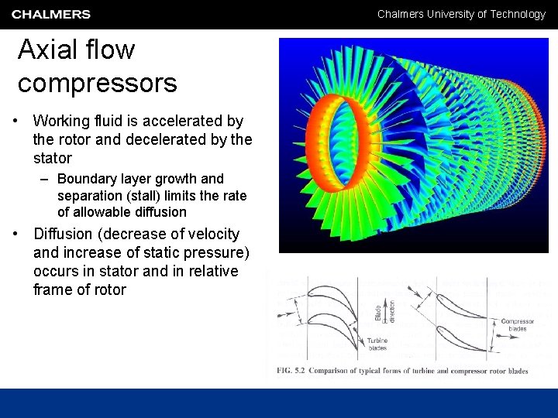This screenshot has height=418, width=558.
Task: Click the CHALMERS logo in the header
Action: [x=51, y=14]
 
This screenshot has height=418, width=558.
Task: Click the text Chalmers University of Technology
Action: [x=461, y=14]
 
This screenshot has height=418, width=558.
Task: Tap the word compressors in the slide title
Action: [x=98, y=83]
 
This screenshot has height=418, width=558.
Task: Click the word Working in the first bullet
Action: [x=62, y=122]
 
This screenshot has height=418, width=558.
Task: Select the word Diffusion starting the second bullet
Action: [x=64, y=235]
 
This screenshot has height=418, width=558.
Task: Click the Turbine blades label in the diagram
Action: [x=377, y=344]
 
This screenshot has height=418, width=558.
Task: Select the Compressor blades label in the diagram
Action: [x=517, y=325]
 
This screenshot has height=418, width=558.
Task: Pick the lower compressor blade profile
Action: [x=462, y=336]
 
